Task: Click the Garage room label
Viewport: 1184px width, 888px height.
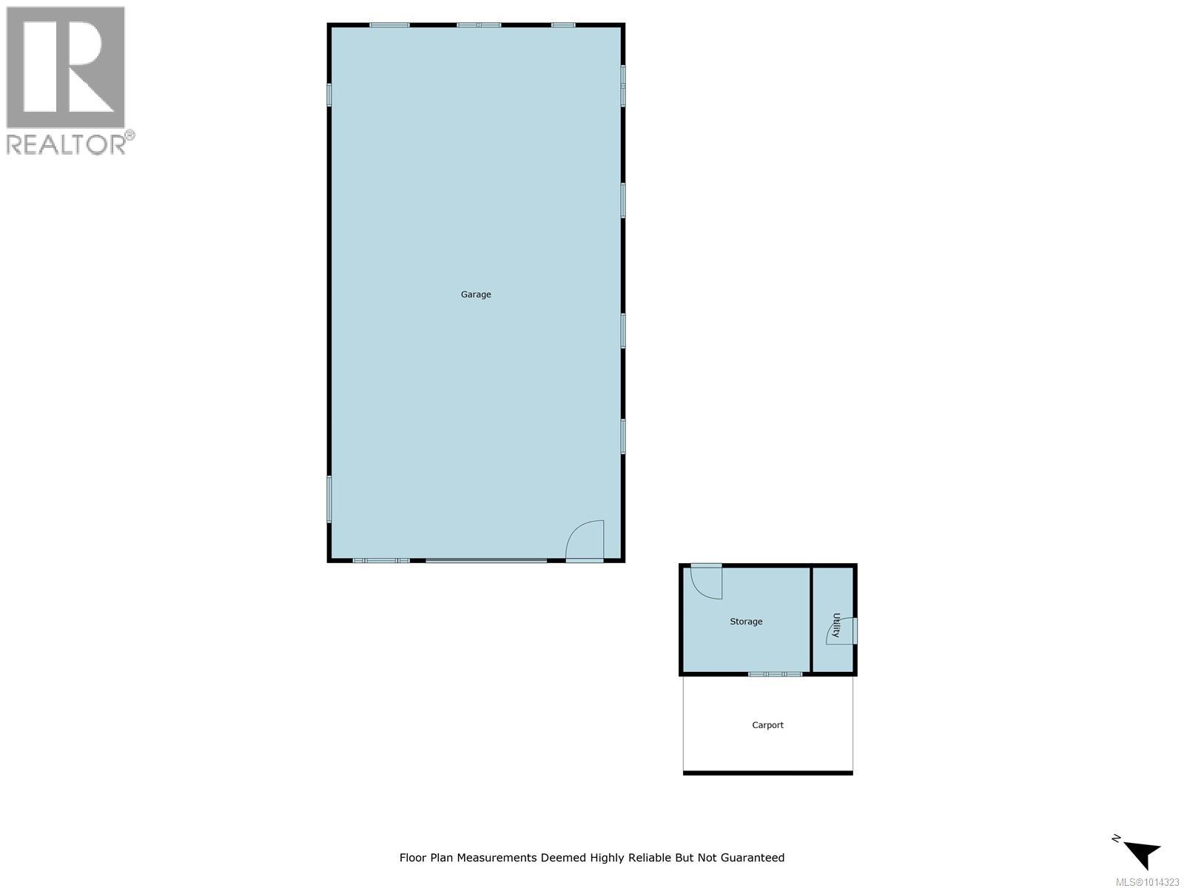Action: tap(476, 295)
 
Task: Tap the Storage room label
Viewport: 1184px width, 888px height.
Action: tap(746, 622)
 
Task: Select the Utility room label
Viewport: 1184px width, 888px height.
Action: tap(836, 625)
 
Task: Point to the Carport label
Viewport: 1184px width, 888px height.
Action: tap(767, 725)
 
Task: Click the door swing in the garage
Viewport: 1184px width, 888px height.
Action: tap(587, 539)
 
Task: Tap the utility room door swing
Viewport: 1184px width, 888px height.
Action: tap(841, 630)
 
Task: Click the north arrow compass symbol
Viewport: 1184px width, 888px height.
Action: tap(1141, 852)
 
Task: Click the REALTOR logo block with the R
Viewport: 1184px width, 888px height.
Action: tap(65, 67)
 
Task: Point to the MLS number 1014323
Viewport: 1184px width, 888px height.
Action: tap(1148, 882)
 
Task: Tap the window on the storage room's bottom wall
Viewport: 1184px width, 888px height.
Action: tap(775, 674)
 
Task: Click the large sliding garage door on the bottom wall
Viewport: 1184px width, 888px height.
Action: tap(486, 561)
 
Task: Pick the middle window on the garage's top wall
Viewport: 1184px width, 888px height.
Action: tap(479, 25)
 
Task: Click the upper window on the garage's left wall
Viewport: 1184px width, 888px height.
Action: tap(329, 94)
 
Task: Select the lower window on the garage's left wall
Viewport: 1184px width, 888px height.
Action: tap(329, 499)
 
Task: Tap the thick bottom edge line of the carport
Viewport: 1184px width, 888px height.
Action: tap(767, 773)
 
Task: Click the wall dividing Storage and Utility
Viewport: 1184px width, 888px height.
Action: tap(811, 620)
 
